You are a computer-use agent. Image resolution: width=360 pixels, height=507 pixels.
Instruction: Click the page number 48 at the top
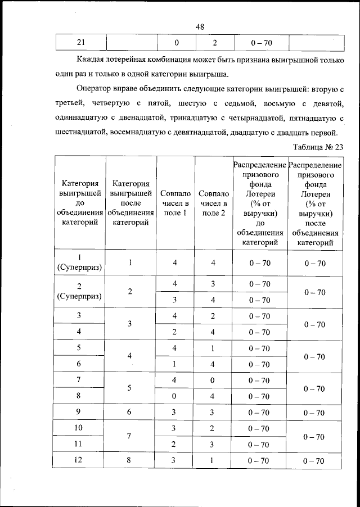200,26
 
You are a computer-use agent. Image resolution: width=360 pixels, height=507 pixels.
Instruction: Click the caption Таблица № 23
318,147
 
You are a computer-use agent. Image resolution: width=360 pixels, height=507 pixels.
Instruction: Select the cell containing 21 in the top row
82,42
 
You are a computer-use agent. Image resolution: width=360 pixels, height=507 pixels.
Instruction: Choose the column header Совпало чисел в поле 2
213,203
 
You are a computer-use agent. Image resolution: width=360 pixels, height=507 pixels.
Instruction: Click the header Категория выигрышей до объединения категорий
79,203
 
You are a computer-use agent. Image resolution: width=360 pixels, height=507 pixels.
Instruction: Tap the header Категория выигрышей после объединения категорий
130,203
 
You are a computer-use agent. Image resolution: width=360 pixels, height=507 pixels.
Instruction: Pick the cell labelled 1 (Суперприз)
79,262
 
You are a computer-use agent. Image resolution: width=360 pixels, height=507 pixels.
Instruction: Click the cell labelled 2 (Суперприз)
79,292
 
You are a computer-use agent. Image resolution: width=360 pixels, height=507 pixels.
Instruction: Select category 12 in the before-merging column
79,461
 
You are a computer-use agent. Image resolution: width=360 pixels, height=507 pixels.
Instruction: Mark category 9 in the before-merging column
79,413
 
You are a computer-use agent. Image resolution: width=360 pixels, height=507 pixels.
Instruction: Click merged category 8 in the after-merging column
130,461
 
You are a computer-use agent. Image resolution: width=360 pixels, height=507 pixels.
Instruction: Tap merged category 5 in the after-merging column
130,388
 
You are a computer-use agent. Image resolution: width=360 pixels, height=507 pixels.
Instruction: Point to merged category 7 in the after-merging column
130,437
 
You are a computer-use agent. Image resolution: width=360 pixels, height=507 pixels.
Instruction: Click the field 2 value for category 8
213,396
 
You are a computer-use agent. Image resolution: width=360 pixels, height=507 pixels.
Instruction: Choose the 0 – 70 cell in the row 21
260,42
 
